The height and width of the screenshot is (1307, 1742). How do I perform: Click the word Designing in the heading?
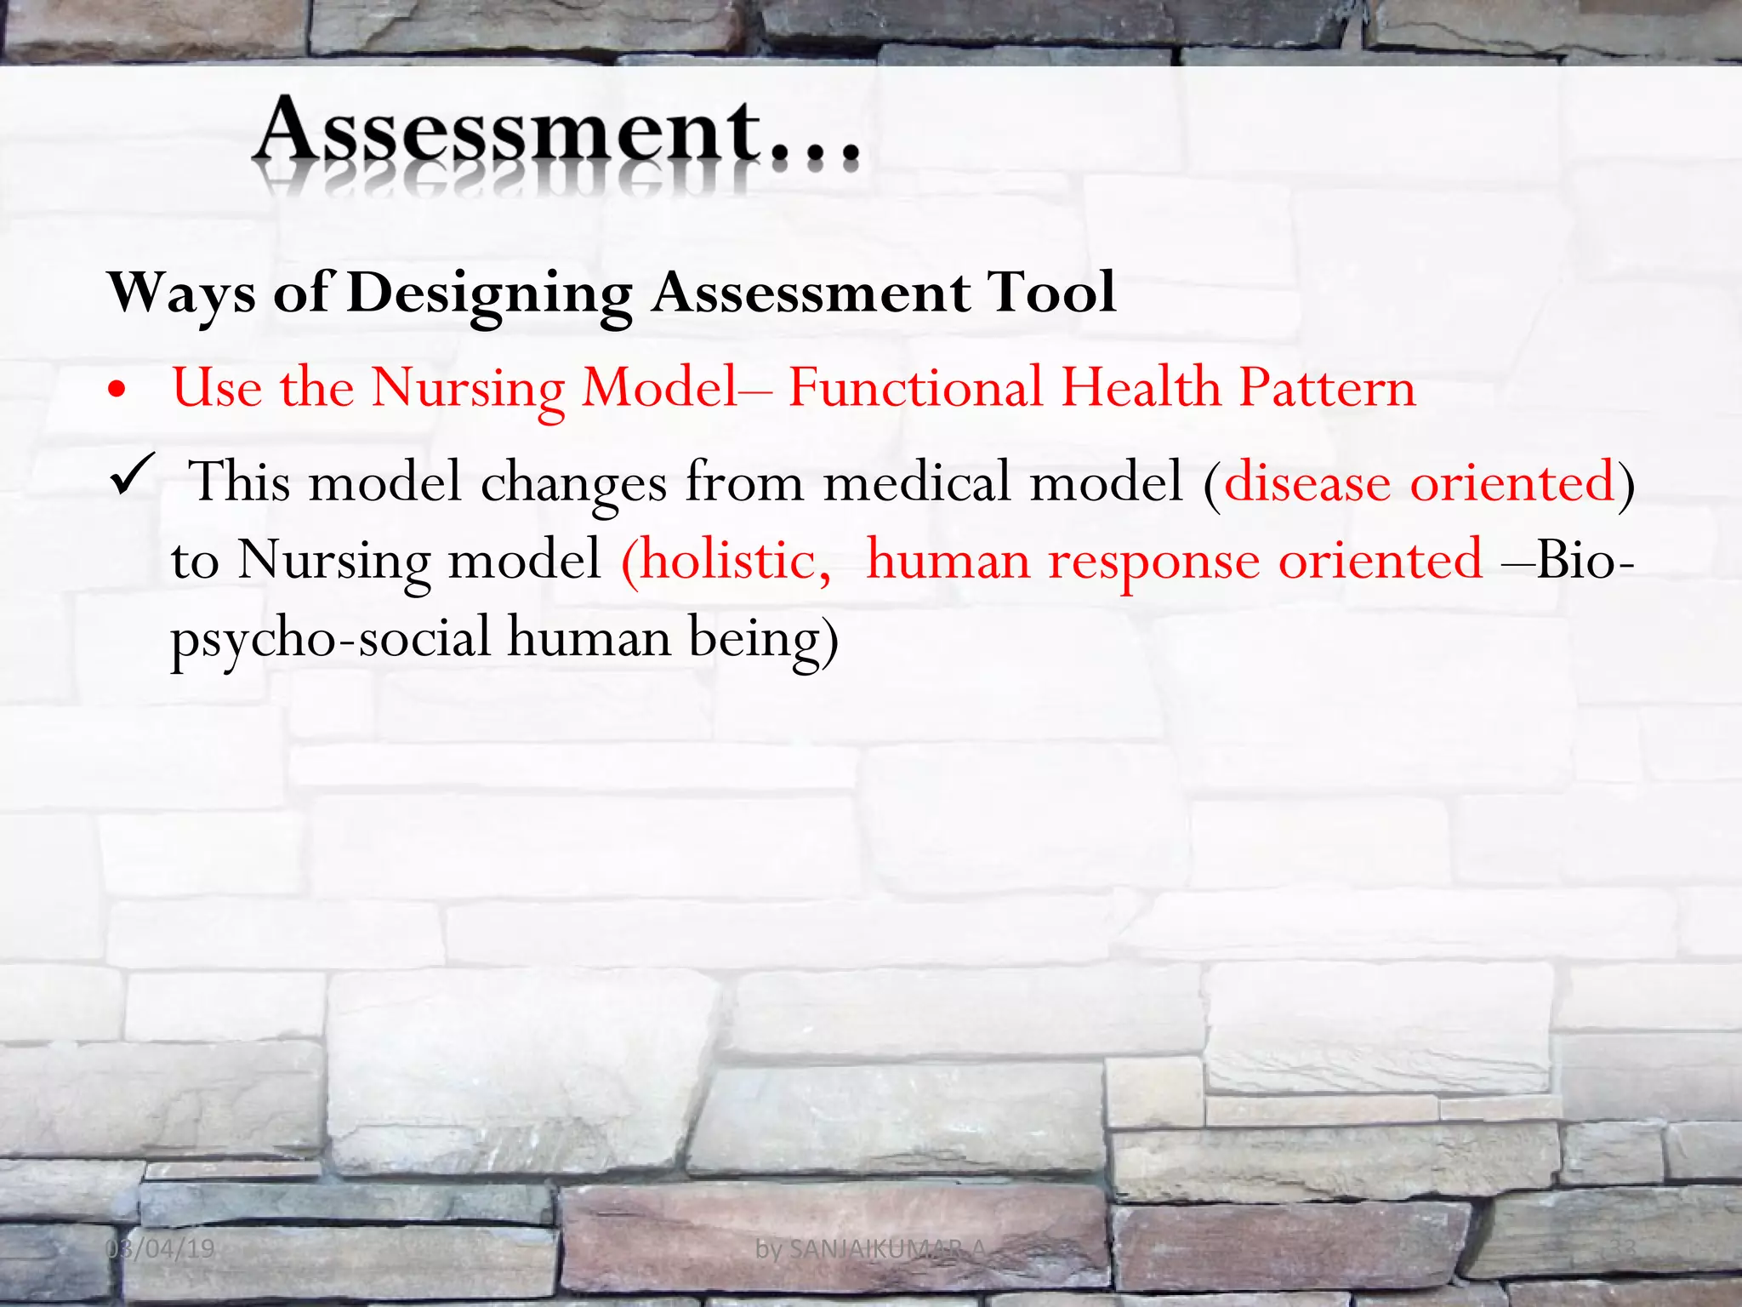pos(489,294)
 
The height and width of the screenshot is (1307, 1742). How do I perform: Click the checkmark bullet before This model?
pos(132,477)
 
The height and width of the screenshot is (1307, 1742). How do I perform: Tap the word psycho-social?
pos(331,638)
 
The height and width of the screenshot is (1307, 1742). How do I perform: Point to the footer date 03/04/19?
pos(160,1249)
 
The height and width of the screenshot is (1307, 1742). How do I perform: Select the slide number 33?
pos(1623,1249)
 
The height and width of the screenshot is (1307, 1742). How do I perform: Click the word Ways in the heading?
pos(182,294)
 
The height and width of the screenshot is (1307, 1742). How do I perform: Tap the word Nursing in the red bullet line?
pos(468,389)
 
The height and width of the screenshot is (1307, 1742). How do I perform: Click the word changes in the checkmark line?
pos(573,483)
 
